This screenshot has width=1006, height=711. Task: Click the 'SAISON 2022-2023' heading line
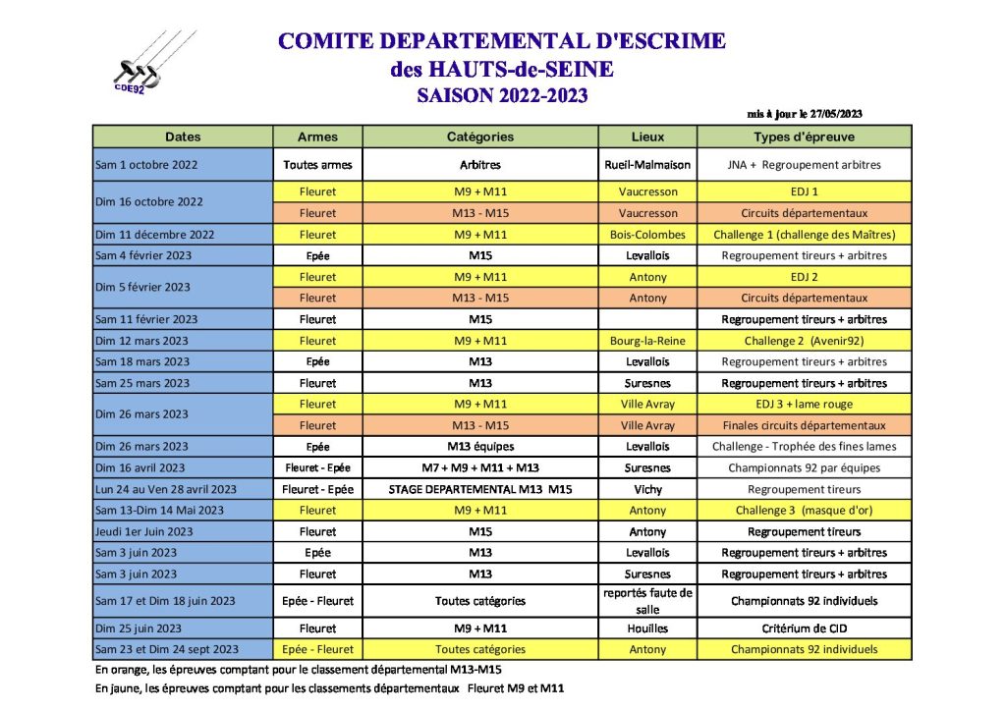click(502, 95)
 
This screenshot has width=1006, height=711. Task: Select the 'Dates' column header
click(183, 137)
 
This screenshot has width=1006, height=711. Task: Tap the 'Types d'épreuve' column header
click(804, 137)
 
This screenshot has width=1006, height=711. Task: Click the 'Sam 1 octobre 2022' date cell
click(148, 165)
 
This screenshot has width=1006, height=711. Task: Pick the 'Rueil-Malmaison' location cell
click(647, 165)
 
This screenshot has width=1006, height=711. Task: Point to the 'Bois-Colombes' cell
click(647, 235)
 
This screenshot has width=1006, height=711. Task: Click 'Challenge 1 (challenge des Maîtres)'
click(804, 235)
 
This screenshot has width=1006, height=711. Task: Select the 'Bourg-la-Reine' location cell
click(647, 341)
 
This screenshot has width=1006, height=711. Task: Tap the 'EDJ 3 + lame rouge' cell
click(804, 404)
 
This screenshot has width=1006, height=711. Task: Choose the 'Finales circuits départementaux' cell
click(804, 425)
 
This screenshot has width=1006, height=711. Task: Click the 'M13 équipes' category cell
click(480, 446)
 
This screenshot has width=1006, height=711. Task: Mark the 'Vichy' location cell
click(647, 489)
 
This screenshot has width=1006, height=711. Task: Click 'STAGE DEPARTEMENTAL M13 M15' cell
click(480, 489)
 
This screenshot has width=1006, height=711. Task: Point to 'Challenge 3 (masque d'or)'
click(804, 510)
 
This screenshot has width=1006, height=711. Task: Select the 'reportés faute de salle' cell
click(647, 601)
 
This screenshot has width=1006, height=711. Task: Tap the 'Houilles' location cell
click(647, 629)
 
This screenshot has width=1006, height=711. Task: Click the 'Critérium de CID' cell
click(804, 629)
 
